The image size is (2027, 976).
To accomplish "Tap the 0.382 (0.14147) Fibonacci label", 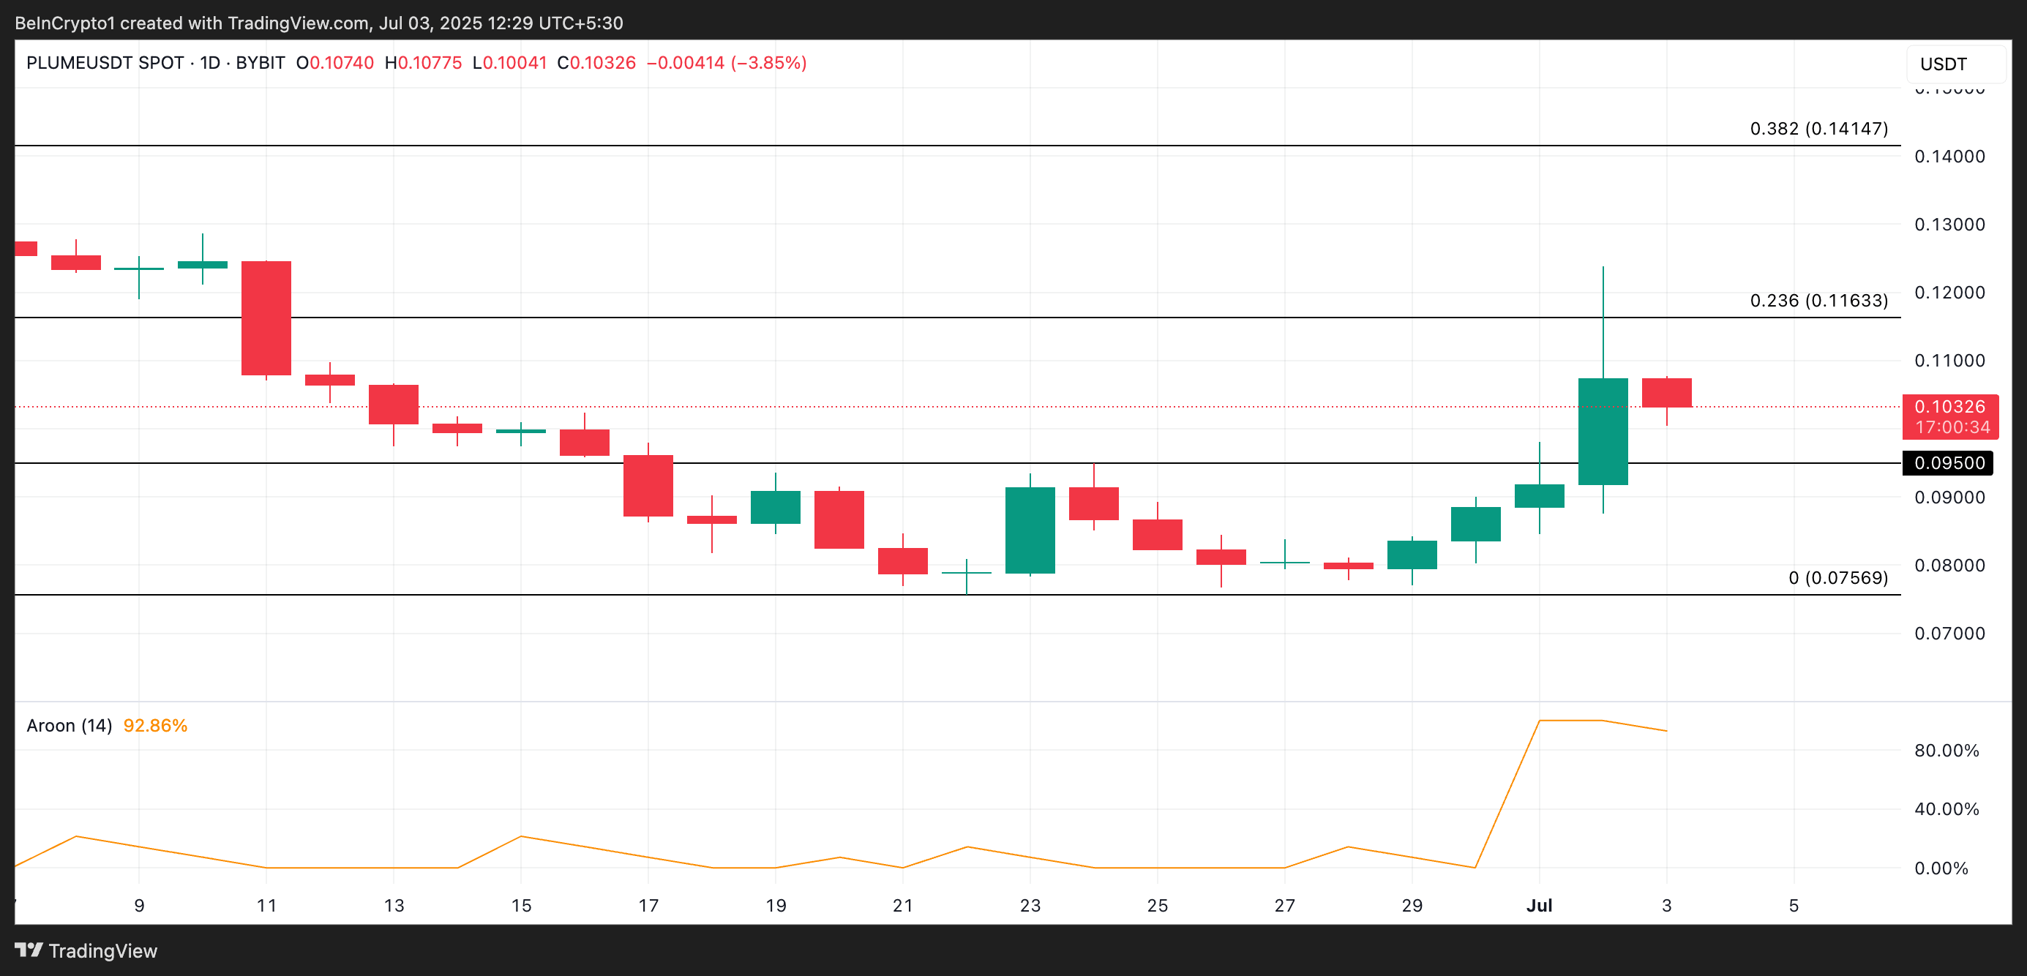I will pyautogui.click(x=1818, y=128).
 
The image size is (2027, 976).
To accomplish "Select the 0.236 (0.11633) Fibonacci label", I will pyautogui.click(x=1818, y=301).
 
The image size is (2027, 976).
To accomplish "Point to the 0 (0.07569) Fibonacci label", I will pyautogui.click(x=1837, y=578).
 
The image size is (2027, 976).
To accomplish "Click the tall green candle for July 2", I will pyautogui.click(x=1602, y=431).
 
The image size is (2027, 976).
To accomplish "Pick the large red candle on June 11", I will pyautogui.click(x=266, y=318).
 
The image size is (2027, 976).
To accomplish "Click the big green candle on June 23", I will pyautogui.click(x=1030, y=530).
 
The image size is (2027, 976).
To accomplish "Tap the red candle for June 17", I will pyautogui.click(x=648, y=485).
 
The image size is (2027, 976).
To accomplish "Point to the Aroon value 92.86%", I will pyautogui.click(x=155, y=725).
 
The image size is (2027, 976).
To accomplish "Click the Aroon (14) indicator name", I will pyautogui.click(x=70, y=725).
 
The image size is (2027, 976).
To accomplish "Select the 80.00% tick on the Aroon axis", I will pyautogui.click(x=1946, y=750).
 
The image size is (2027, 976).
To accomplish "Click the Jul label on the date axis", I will pyautogui.click(x=1538, y=905).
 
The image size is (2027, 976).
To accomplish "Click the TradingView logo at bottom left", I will pyautogui.click(x=86, y=951).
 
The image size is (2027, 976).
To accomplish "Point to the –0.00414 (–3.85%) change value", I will pyautogui.click(x=725, y=63).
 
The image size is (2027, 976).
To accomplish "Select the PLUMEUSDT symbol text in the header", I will pyautogui.click(x=105, y=63).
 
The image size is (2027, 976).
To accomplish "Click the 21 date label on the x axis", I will pyautogui.click(x=902, y=905).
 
